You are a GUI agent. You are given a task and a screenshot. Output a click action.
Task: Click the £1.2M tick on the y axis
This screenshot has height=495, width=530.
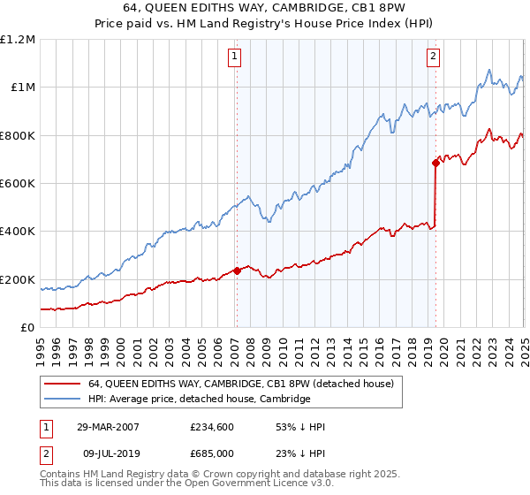(18, 39)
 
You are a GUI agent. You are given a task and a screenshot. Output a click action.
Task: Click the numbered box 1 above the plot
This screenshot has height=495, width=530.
(235, 57)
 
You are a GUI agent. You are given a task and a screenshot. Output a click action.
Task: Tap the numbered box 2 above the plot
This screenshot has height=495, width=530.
(434, 57)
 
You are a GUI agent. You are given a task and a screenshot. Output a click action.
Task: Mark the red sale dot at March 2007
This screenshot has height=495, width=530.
(237, 270)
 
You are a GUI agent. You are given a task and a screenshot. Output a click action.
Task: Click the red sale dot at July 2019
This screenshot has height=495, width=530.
(435, 163)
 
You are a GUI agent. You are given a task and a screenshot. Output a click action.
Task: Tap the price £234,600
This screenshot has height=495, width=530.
(212, 427)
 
